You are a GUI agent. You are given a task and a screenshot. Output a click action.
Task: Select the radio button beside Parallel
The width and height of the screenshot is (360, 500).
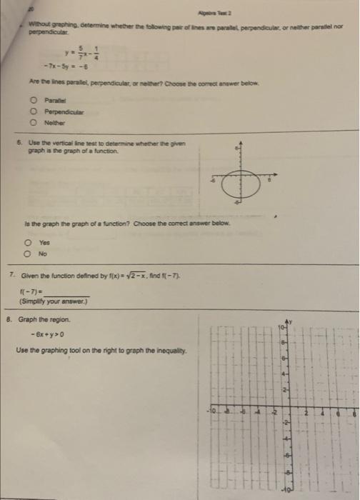tap(34, 100)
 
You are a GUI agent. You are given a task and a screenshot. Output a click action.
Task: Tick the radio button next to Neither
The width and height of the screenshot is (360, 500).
tap(34, 121)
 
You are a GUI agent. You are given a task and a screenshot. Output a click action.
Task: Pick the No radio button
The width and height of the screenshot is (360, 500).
tap(24, 253)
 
